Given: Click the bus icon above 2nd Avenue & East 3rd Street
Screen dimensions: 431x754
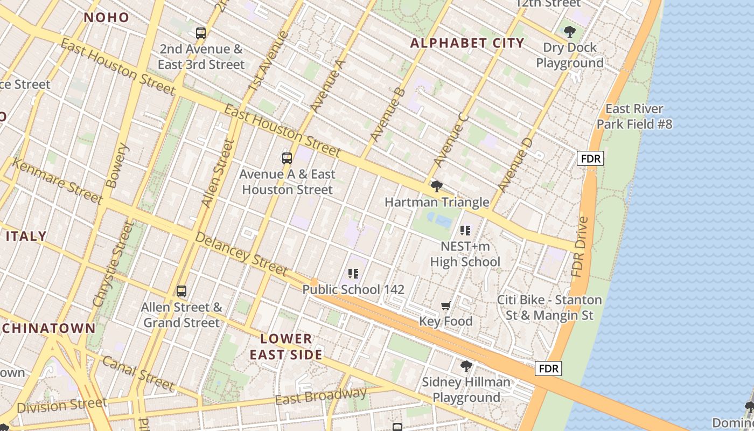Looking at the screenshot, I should click(201, 33).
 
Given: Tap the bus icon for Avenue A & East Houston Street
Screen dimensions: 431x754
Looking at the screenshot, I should click(287, 158).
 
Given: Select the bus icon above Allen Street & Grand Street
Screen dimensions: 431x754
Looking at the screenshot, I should click(181, 291).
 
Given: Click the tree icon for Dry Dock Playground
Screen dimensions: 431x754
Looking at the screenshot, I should click(569, 32).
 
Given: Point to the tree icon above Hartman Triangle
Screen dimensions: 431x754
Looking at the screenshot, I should click(437, 187).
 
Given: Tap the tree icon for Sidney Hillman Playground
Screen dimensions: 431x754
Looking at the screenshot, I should click(466, 367).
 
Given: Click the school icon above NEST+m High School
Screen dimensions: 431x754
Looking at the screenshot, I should click(465, 231).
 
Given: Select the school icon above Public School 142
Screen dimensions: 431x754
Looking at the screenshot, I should click(353, 274).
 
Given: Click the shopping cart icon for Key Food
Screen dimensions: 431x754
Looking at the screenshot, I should click(445, 306).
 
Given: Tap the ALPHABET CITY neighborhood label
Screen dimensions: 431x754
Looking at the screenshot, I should click(467, 43).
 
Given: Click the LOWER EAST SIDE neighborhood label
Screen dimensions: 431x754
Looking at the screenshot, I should click(285, 346).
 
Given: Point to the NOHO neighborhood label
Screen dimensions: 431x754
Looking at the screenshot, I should click(107, 17).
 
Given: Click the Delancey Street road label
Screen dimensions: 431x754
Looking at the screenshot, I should click(241, 253).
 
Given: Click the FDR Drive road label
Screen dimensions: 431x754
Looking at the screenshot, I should click(581, 247).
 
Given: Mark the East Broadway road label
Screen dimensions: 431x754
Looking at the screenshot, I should click(321, 396).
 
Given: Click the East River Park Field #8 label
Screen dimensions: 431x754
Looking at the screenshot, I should click(634, 116).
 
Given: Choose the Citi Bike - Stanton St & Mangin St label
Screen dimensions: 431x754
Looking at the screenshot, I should click(549, 307).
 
